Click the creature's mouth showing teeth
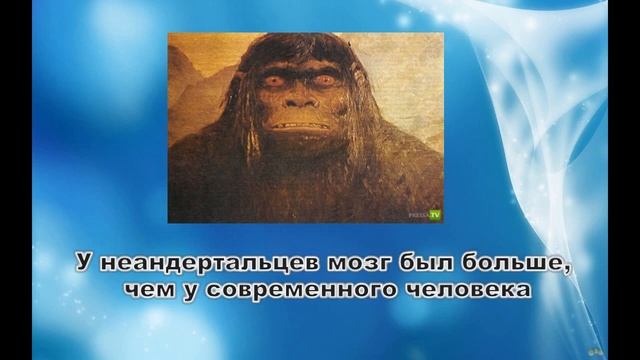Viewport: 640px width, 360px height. point(297,127)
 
